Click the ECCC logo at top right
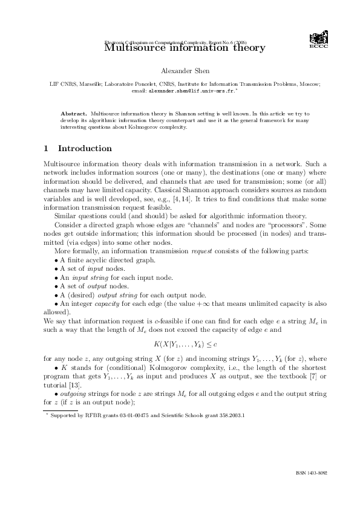pyautogui.click(x=318, y=40)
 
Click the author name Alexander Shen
pyautogui.click(x=180, y=72)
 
